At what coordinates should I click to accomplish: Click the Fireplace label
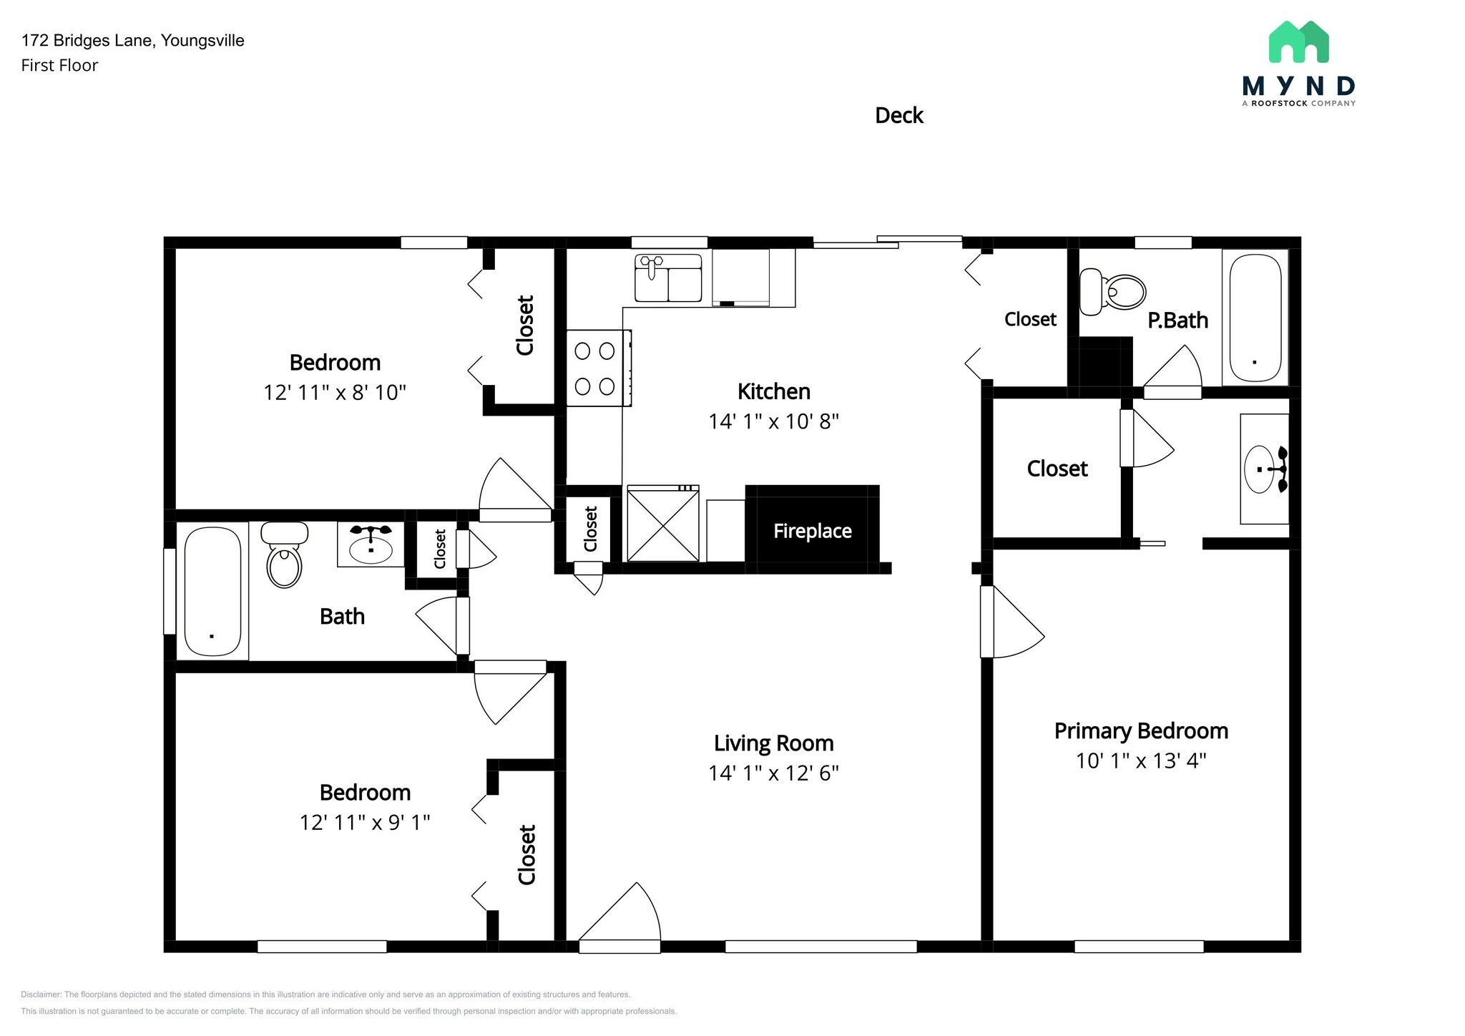pos(812,531)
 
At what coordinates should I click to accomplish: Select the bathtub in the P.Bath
pos(1255,318)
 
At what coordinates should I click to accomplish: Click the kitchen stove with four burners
pos(598,368)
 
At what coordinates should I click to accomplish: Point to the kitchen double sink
pos(668,278)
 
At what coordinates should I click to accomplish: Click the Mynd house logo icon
pos(1298,41)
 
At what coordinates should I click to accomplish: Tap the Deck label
pos(899,115)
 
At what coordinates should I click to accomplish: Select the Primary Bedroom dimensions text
pos(1141,761)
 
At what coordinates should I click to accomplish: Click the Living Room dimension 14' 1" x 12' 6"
pos(773,773)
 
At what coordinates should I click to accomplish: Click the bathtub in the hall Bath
pos(212,591)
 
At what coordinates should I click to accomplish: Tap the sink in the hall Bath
pos(371,545)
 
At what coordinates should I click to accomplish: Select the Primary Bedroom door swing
pos(1011,621)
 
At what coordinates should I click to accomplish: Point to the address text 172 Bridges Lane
pos(87,41)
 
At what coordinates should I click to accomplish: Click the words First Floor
pos(59,65)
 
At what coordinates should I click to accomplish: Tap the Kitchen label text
pos(774,391)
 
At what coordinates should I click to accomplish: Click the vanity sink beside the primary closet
pos(1265,469)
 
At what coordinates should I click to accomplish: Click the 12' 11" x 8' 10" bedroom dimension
pos(335,393)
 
